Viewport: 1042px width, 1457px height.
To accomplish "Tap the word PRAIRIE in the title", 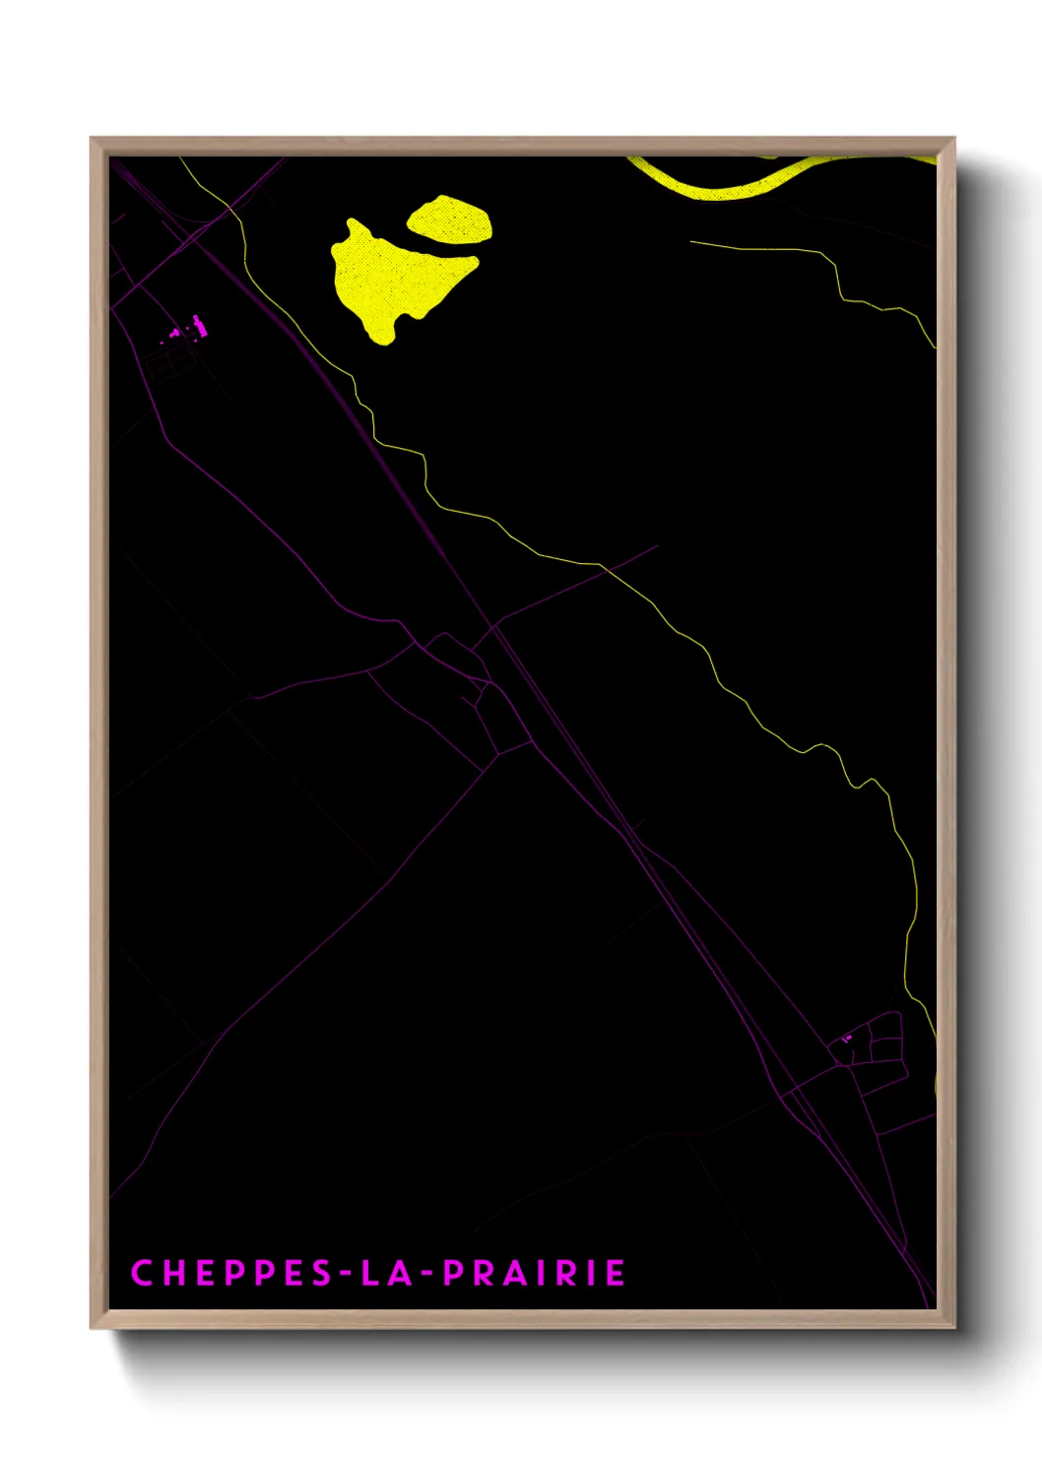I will pos(533,1273).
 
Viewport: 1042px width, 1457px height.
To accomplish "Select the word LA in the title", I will pos(385,1273).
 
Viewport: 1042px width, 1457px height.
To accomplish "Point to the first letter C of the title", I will pos(141,1273).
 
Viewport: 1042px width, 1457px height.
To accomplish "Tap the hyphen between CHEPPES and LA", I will pos(347,1273).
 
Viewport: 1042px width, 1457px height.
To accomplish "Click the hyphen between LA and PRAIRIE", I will pos(426,1273).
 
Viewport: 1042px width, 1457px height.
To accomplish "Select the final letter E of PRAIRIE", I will pos(616,1273).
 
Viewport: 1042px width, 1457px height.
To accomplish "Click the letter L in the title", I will pos(370,1273).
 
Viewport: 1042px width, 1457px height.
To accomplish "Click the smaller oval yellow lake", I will pos(450,220).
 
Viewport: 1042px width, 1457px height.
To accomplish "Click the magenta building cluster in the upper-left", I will pos(187,330).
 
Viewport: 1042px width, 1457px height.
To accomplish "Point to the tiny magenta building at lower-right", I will pos(846,1038).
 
